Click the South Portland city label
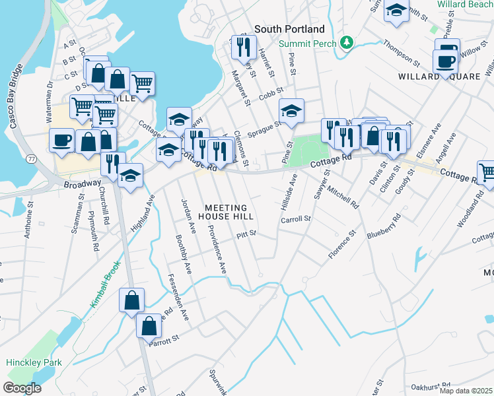pos(289,29)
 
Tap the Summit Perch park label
pos(306,44)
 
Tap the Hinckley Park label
pos(34,362)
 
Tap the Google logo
pos(21,388)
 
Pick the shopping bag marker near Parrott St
pos(148,325)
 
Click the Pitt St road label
pos(246,234)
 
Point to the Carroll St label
pos(295,218)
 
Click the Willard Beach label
pos(465,5)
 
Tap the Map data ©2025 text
pos(466,391)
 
